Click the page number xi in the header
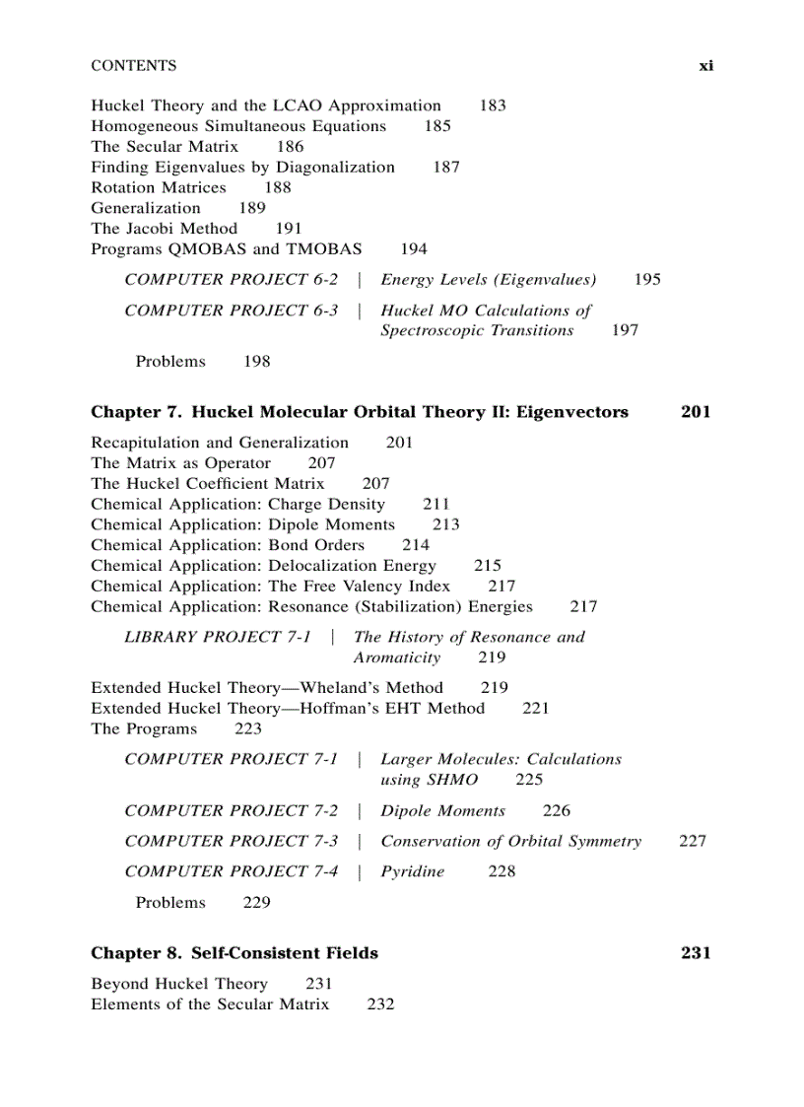coord(705,66)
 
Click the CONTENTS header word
coord(134,66)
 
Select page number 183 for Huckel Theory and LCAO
coord(493,105)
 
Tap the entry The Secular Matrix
coord(165,147)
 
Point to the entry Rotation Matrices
coord(159,187)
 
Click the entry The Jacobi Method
coord(165,229)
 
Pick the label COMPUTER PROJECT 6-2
coord(232,280)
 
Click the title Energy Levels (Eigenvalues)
coord(489,280)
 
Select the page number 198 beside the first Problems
coord(257,362)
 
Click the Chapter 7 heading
coord(360,412)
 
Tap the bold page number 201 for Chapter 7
coord(696,412)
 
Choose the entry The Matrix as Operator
coord(181,463)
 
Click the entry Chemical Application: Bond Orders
coord(228,545)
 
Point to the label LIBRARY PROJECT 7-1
coord(218,637)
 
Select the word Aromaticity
coord(397,657)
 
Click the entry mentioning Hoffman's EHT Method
coord(288,709)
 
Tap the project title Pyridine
coord(413,871)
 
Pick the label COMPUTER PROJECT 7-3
coord(232,841)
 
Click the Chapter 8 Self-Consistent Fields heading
coord(234,953)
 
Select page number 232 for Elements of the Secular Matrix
coord(380,1004)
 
